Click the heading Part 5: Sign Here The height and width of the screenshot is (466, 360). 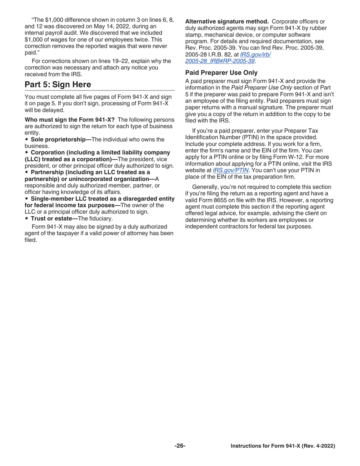[x=58, y=84]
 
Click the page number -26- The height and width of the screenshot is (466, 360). [x=180, y=446]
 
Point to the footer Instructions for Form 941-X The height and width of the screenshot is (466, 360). [x=283, y=446]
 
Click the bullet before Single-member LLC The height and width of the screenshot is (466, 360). [x=27, y=199]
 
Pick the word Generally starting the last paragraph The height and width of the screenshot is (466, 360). [x=207, y=187]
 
